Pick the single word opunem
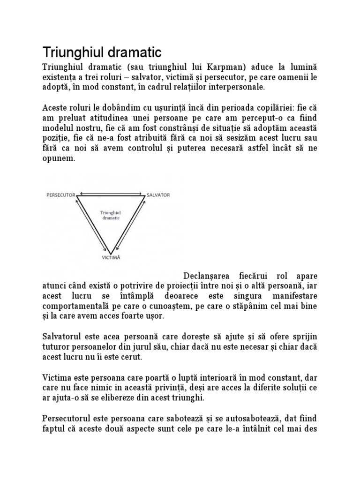(x=58, y=159)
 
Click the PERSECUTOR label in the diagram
(x=60, y=194)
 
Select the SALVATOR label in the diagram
(x=158, y=194)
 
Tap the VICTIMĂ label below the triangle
(x=112, y=257)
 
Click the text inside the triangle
(x=110, y=215)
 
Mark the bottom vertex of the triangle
(x=111, y=252)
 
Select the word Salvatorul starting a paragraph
(x=64, y=337)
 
